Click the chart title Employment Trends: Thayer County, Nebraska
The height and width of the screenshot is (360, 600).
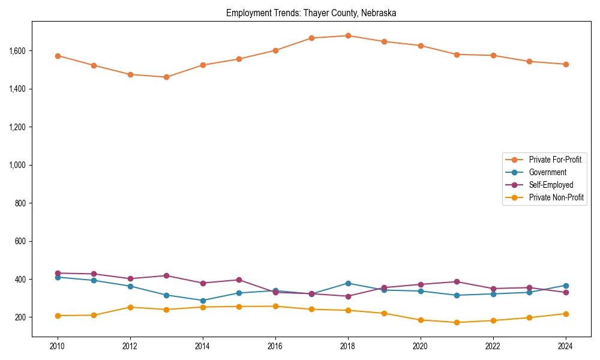[x=311, y=13]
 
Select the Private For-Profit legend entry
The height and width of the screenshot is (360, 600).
[x=555, y=160]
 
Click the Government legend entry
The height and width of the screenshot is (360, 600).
[x=547, y=172]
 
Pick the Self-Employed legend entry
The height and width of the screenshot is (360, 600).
[x=551, y=185]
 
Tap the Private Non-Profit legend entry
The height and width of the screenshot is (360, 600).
[x=556, y=197]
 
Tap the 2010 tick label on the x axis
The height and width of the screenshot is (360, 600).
[x=58, y=346]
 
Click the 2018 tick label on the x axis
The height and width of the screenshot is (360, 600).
[x=348, y=346]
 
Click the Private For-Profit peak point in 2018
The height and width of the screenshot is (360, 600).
[x=348, y=35]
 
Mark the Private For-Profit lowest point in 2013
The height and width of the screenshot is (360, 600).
[x=166, y=77]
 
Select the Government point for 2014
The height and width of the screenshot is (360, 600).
[x=203, y=301]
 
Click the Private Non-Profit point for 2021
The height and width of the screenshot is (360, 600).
[x=457, y=322]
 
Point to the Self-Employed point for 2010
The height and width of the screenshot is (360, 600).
[x=58, y=273]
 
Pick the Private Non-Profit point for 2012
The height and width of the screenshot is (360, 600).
[x=130, y=307]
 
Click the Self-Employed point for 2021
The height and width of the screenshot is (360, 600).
[x=457, y=281]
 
